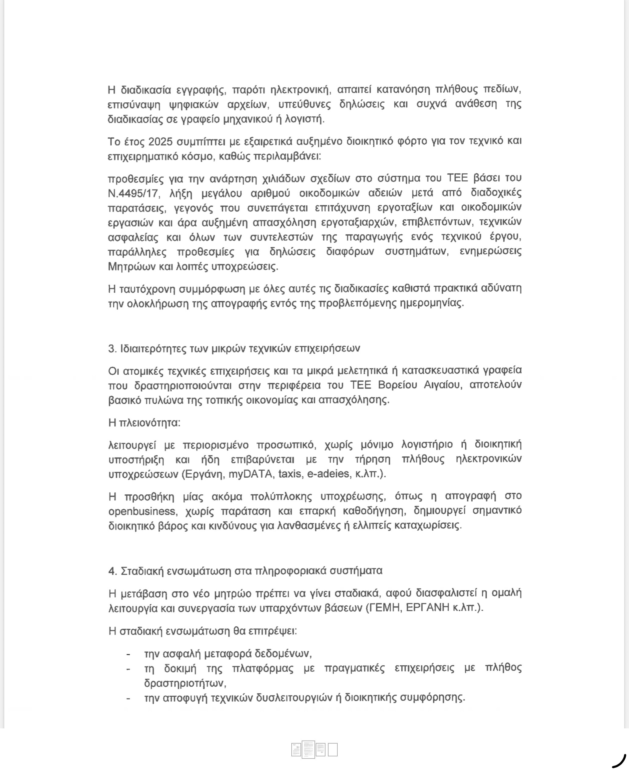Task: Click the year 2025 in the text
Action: [x=160, y=142]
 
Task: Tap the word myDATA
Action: [x=250, y=474]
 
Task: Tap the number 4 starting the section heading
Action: [x=112, y=571]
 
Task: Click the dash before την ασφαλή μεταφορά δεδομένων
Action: [x=128, y=654]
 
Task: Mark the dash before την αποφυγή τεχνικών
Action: [x=128, y=698]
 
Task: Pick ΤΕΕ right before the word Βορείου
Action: [x=361, y=385]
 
